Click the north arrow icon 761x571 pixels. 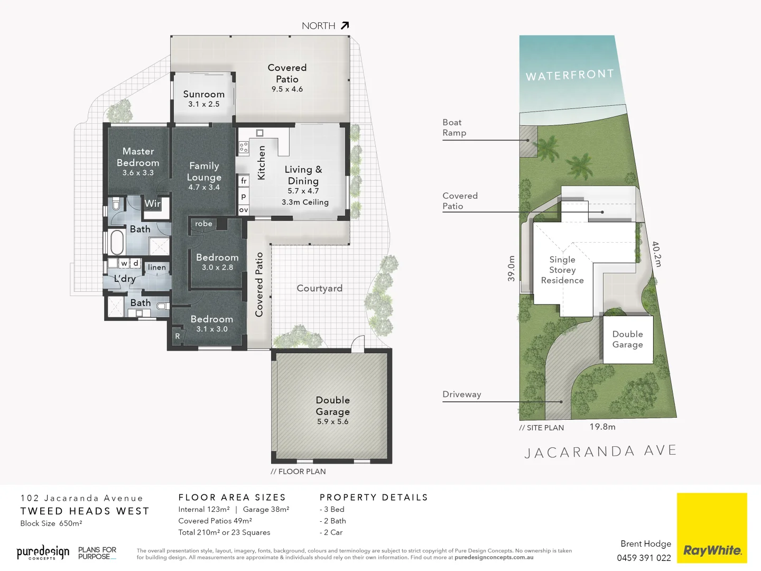coord(345,25)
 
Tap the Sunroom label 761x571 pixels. coord(203,94)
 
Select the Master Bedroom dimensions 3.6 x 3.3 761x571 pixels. coord(138,173)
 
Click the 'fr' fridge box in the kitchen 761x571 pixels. coord(243,181)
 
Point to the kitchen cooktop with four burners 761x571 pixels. coord(244,147)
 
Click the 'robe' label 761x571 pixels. coord(203,224)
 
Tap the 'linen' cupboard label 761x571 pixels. coord(157,268)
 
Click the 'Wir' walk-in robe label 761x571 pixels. coord(153,204)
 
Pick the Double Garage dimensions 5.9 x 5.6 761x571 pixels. coord(332,422)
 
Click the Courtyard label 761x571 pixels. coord(319,288)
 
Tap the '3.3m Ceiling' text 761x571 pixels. coord(305,202)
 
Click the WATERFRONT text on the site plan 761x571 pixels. coord(570,75)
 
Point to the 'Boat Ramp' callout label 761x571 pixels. coord(454,127)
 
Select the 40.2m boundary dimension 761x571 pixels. coord(656,254)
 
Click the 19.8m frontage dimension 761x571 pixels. coord(602,427)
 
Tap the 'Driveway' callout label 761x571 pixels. coord(461,394)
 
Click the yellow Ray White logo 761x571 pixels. coord(712,528)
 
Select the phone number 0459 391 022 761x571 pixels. coord(644,558)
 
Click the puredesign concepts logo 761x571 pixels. coord(43,552)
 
